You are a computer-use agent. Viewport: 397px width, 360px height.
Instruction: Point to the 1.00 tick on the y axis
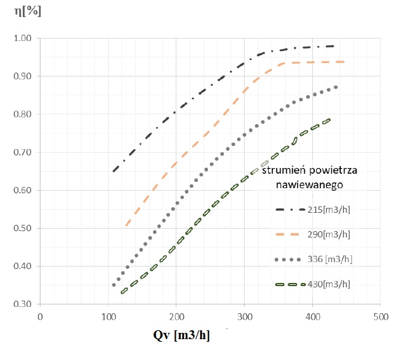tap(23, 39)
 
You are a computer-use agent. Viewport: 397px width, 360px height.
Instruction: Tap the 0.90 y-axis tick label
tap(23, 76)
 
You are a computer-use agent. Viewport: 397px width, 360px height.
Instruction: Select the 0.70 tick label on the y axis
tap(23, 152)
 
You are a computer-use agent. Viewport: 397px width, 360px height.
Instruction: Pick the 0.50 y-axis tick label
tap(23, 228)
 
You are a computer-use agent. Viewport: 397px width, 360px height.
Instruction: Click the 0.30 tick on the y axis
tap(23, 304)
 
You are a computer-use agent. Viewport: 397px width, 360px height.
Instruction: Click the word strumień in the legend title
tap(281, 171)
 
